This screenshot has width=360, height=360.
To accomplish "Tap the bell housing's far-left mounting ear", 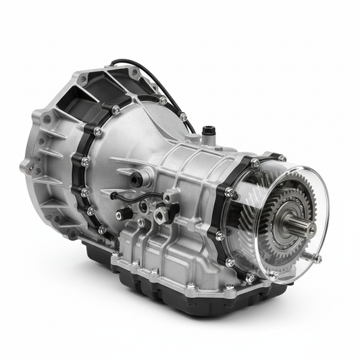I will tap(27, 165).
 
